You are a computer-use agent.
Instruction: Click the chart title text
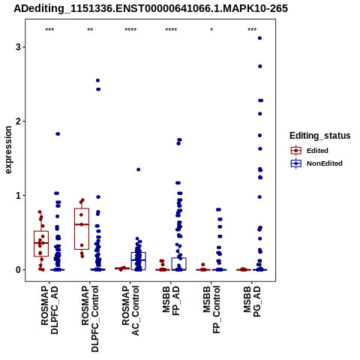[x=151, y=8]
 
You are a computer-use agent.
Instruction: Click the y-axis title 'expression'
[x=8, y=150]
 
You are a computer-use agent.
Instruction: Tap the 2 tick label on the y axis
[x=18, y=121]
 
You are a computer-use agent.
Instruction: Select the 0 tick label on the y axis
[x=18, y=270]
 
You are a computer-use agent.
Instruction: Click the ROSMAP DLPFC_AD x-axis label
[x=49, y=310]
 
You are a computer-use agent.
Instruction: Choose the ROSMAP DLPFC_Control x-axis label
[x=90, y=319]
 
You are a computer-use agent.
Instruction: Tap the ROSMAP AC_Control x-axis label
[x=130, y=310]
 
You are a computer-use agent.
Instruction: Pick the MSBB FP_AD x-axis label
[x=171, y=301]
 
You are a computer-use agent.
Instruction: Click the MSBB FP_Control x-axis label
[x=211, y=310]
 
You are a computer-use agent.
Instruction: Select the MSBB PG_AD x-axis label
[x=252, y=301]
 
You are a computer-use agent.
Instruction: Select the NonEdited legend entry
[x=316, y=163]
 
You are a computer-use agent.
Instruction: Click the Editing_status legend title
[x=320, y=136]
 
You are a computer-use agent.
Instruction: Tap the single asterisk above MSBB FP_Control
[x=211, y=30]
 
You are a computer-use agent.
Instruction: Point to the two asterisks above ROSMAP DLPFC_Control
[x=90, y=30]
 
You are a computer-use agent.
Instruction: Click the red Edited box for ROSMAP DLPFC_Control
[x=82, y=229]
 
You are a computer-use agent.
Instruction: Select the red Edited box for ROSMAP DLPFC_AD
[x=41, y=244]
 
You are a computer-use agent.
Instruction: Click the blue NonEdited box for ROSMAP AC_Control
[x=138, y=261]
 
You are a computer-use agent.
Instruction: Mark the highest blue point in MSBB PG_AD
[x=259, y=38]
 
